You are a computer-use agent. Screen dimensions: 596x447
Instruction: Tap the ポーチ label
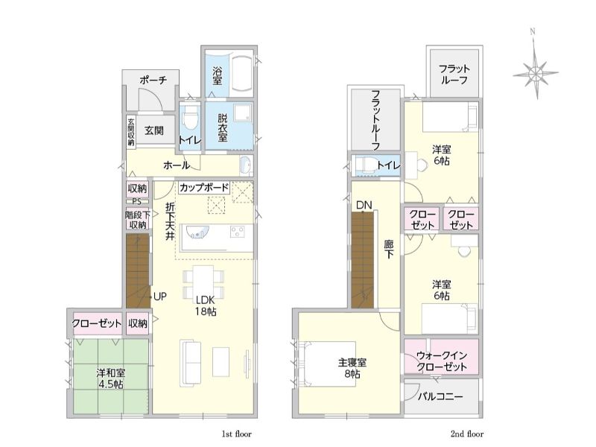pos(153,80)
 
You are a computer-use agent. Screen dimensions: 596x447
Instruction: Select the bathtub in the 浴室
pos(241,74)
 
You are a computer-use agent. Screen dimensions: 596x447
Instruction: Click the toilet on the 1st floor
pos(190,117)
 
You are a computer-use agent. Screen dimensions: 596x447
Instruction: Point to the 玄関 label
pos(154,130)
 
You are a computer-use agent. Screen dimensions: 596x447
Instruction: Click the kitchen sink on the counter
pos(195,232)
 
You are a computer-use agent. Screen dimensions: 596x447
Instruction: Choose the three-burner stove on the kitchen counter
pos(238,232)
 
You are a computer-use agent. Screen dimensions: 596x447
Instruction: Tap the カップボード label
pos(204,188)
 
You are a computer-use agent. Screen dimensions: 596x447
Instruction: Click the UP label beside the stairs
pos(160,297)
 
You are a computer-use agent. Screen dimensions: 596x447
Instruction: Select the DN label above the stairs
pos(364,206)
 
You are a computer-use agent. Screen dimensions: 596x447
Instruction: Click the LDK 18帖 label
pos(206,305)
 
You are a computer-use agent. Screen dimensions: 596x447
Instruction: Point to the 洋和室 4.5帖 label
pos(110,378)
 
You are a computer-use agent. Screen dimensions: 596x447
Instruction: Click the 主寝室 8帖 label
pos(352,368)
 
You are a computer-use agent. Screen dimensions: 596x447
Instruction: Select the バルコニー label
pos(440,397)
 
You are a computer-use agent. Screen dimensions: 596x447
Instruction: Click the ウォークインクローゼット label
pos(442,361)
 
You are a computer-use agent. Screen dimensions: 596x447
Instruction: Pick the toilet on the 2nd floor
pos(364,165)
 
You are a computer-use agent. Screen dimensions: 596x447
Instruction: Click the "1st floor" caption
pos(236,434)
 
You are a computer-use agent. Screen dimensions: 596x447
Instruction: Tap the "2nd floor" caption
pos(467,434)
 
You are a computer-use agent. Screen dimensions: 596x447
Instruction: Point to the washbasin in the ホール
pos(246,165)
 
